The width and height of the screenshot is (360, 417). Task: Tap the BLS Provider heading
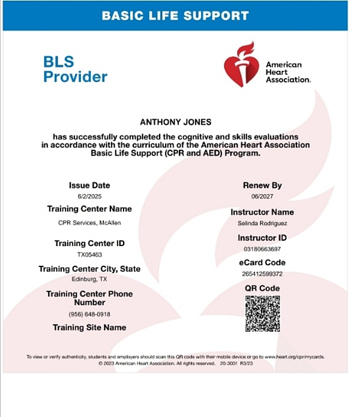pyautogui.click(x=76, y=69)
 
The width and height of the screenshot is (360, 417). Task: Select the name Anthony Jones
pyautogui.click(x=175, y=122)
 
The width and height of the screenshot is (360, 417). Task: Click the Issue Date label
pyautogui.click(x=89, y=185)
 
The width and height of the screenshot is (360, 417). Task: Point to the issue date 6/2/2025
pyautogui.click(x=89, y=197)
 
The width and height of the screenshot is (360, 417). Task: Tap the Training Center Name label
pyautogui.click(x=89, y=209)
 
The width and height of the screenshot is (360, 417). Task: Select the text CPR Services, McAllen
pyautogui.click(x=89, y=223)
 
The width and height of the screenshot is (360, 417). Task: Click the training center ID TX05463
pyautogui.click(x=89, y=255)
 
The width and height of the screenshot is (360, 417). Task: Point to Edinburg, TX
pyautogui.click(x=89, y=280)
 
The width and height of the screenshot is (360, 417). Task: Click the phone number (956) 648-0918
pyautogui.click(x=89, y=314)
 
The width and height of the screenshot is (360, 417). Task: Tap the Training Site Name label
pyautogui.click(x=89, y=328)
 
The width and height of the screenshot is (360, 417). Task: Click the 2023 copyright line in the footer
pyautogui.click(x=176, y=364)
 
